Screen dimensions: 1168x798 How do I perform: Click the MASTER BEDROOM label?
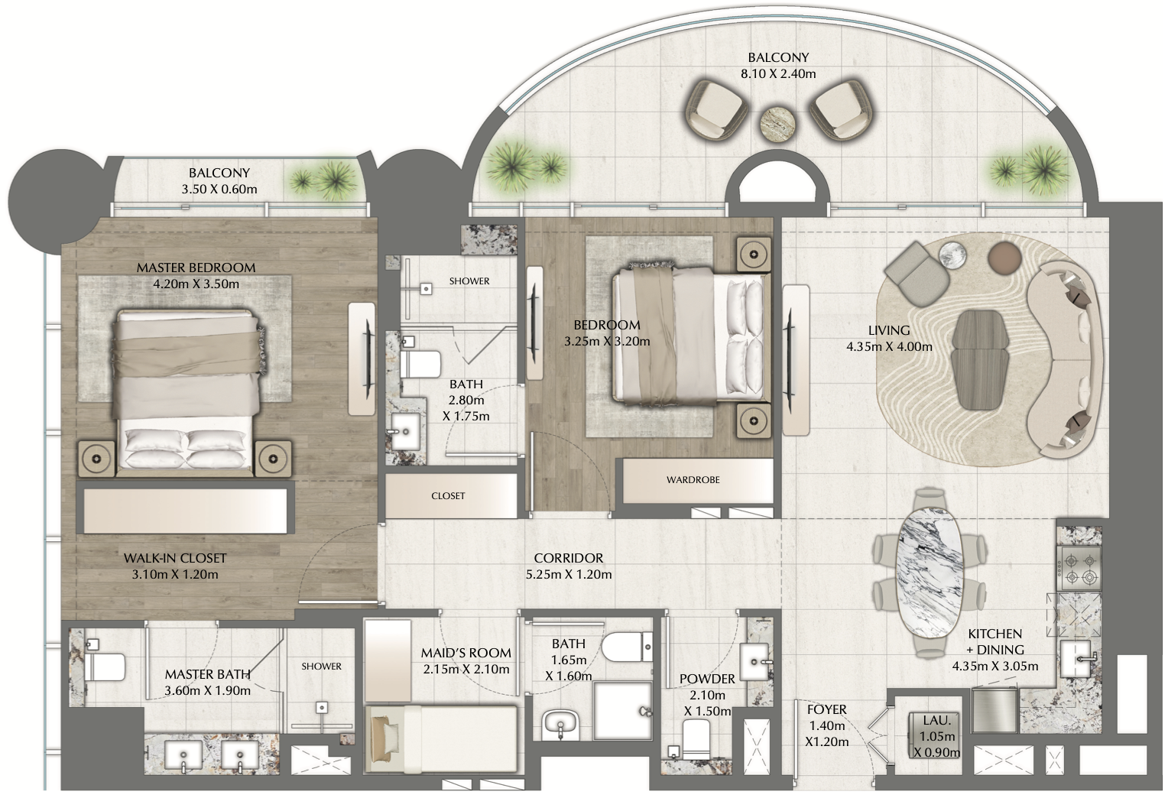(x=196, y=268)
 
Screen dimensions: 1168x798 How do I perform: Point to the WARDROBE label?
(x=693, y=480)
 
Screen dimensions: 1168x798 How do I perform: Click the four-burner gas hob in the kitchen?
(x=1079, y=569)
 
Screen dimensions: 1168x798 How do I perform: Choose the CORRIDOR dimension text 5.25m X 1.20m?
(x=569, y=575)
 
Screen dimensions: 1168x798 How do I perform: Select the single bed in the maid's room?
(x=442, y=738)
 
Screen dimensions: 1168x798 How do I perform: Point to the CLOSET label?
(x=448, y=496)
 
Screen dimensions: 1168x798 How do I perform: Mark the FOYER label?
(x=827, y=710)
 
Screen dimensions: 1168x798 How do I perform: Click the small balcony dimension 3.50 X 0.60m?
(x=219, y=190)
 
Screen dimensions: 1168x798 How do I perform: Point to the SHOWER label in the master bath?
(x=321, y=667)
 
